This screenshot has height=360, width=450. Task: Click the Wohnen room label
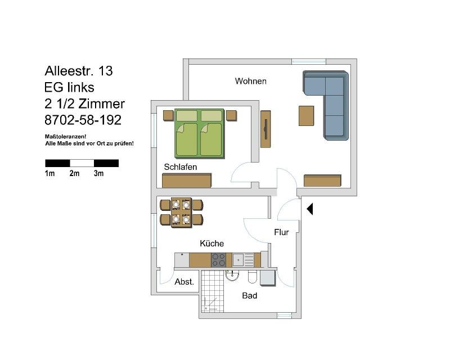[250, 81]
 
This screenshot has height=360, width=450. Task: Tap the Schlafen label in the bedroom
[180, 167]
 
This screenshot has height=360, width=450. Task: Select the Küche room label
[212, 244]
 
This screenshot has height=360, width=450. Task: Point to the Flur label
[281, 232]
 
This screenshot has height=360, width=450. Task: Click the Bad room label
[249, 295]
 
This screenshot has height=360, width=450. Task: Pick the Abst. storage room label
[184, 282]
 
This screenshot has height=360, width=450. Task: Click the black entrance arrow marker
[310, 209]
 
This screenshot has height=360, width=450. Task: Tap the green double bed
[200, 133]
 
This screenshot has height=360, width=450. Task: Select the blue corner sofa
[326, 105]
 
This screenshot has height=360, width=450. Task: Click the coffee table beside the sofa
[306, 116]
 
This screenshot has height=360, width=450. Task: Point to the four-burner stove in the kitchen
[218, 260]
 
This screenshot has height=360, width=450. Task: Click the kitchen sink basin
[238, 260]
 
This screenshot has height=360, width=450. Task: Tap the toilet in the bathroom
[251, 276]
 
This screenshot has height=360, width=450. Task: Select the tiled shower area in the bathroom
[213, 291]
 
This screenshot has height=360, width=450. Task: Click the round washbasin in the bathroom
[232, 276]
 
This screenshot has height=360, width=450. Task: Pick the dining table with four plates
[181, 213]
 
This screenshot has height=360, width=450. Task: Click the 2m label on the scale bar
[74, 173]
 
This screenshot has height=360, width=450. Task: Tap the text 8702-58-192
[83, 120]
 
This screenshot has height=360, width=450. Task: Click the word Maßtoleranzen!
[65, 137]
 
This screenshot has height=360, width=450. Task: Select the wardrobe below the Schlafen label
[187, 181]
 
